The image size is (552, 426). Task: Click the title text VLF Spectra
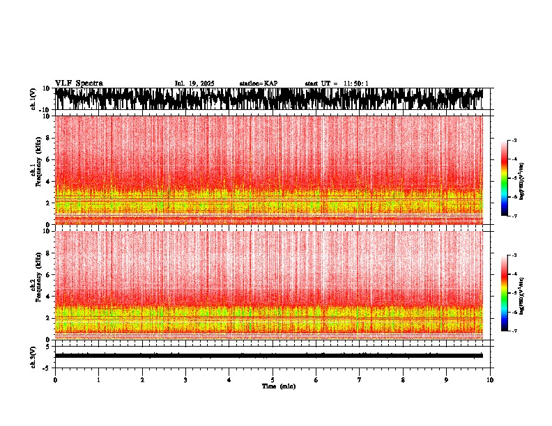pyautogui.click(x=79, y=83)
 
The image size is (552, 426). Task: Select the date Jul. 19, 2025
pyautogui.click(x=194, y=84)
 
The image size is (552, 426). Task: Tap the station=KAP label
pyautogui.click(x=259, y=84)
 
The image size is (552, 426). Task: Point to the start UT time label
pyautogui.click(x=337, y=84)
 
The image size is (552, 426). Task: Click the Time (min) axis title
pyautogui.click(x=278, y=386)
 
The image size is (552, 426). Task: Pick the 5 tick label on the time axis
pyautogui.click(x=273, y=380)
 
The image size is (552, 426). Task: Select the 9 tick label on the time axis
pyautogui.click(x=447, y=380)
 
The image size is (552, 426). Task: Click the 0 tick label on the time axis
pyautogui.click(x=55, y=380)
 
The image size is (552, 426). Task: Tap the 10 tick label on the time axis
pyautogui.click(x=490, y=380)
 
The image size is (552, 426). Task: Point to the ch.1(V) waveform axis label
pyautogui.click(x=33, y=99)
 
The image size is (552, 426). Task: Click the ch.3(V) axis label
pyautogui.click(x=33, y=356)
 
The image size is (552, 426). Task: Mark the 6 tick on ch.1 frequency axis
pyautogui.click(x=47, y=159)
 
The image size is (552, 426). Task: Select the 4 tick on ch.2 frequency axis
pyautogui.click(x=47, y=297)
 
